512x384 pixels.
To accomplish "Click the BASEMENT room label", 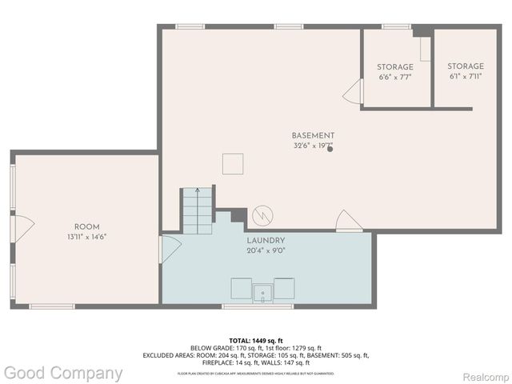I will coord(313,135).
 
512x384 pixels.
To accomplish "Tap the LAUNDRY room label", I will coord(266,240).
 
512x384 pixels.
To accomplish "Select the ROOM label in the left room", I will coord(86,226).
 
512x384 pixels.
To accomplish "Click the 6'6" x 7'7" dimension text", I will coord(395,78).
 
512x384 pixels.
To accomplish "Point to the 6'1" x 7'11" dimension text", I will coord(465,78).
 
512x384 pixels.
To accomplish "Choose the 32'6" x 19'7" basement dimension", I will coord(313,146).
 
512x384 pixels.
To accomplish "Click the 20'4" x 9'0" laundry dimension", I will coord(266,250).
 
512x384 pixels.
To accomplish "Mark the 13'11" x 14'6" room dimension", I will coord(86,237).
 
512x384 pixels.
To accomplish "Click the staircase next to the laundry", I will coord(197,210).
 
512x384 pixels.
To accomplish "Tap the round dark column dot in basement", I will coord(330,148).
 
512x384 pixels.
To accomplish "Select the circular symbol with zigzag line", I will coord(262,216).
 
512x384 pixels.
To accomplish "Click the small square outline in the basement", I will coord(233,164).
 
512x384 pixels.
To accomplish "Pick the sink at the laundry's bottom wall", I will coord(262,292).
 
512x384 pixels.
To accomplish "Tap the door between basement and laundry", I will coord(348,221).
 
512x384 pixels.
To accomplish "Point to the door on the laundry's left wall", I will coord(170,249).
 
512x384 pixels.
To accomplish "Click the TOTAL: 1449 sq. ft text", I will coord(256,341).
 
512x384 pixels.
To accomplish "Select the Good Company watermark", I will coord(63,373).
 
